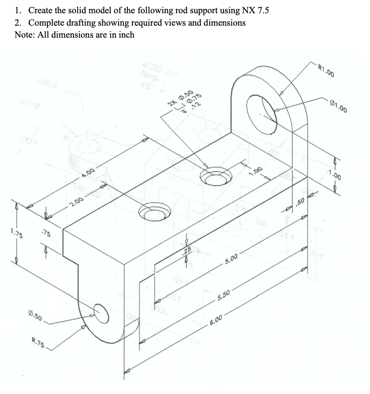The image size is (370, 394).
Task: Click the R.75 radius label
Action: [x=39, y=343]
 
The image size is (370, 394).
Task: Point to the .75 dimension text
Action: [x=46, y=233]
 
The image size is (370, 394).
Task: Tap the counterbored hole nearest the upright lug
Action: [x=215, y=176]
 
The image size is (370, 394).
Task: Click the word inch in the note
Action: [x=125, y=34]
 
